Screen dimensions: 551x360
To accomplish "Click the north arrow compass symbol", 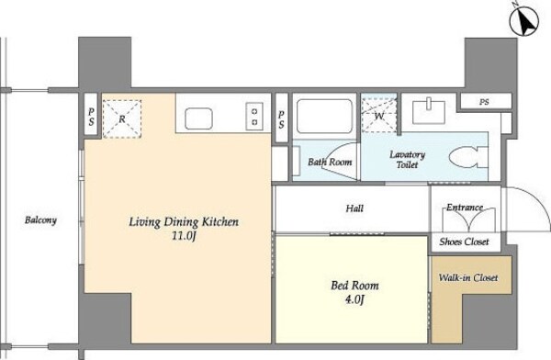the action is [524, 21].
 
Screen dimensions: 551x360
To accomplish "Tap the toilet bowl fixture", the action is [468, 158].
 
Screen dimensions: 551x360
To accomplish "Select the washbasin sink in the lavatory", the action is [428, 111].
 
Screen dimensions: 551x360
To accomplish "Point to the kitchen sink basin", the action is [198, 118].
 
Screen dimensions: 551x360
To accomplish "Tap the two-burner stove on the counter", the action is [254, 117].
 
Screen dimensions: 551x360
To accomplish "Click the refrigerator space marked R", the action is [122, 118].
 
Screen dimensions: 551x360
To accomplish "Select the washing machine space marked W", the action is [379, 115].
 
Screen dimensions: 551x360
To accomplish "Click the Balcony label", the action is [40, 220].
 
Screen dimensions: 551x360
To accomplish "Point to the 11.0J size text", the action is [183, 236].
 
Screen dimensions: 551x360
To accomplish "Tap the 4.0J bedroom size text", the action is [354, 300].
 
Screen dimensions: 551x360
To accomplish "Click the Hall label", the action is [354, 208].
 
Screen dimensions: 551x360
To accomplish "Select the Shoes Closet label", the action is [464, 242].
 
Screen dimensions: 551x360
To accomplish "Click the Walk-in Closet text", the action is [468, 277].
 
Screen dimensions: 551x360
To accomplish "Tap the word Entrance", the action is [465, 208].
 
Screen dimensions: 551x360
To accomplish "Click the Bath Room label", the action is [330, 162].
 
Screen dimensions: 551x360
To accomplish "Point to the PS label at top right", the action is [484, 102].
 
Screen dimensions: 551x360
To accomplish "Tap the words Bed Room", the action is [354, 285].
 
